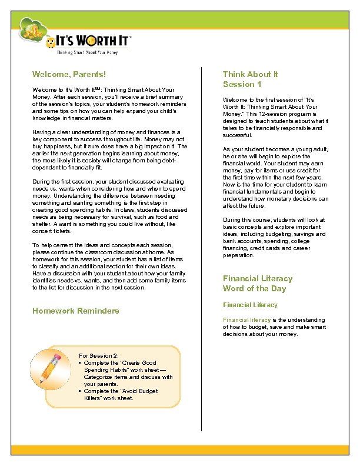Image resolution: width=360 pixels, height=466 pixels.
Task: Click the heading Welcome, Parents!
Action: click(x=69, y=75)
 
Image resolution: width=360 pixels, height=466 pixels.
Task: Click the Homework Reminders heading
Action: click(x=76, y=311)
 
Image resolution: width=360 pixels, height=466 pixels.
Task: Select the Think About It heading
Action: click(x=250, y=74)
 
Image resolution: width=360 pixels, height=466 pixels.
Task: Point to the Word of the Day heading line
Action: click(x=254, y=288)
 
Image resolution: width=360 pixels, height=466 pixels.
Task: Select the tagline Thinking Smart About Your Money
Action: click(x=87, y=53)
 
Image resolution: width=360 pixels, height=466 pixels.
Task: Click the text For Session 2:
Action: click(x=98, y=356)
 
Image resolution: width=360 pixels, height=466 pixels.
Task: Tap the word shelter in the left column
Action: click(x=41, y=224)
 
